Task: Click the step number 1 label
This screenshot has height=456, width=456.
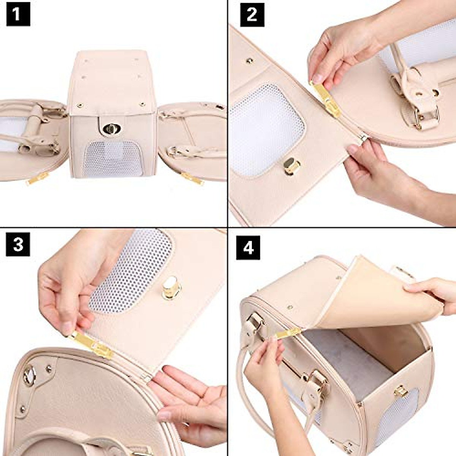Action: pyautogui.click(x=18, y=16)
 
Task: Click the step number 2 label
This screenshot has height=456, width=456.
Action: pyautogui.click(x=252, y=16)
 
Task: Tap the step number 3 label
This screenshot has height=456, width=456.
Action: pyautogui.click(x=18, y=244)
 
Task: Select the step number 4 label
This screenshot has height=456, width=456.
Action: pyautogui.click(x=248, y=247)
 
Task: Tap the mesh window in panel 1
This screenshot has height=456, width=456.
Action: pyautogui.click(x=113, y=158)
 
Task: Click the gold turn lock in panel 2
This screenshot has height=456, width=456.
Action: pyautogui.click(x=291, y=166)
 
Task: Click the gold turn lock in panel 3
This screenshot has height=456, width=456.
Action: pyautogui.click(x=171, y=288)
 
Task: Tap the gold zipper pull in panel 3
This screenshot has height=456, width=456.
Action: pyautogui.click(x=93, y=344)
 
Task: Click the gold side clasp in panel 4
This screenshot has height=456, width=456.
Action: pyautogui.click(x=400, y=391)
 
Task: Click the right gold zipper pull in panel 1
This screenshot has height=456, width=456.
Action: pyautogui.click(x=192, y=178)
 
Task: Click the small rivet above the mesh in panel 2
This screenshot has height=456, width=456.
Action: pyautogui.click(x=250, y=60)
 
